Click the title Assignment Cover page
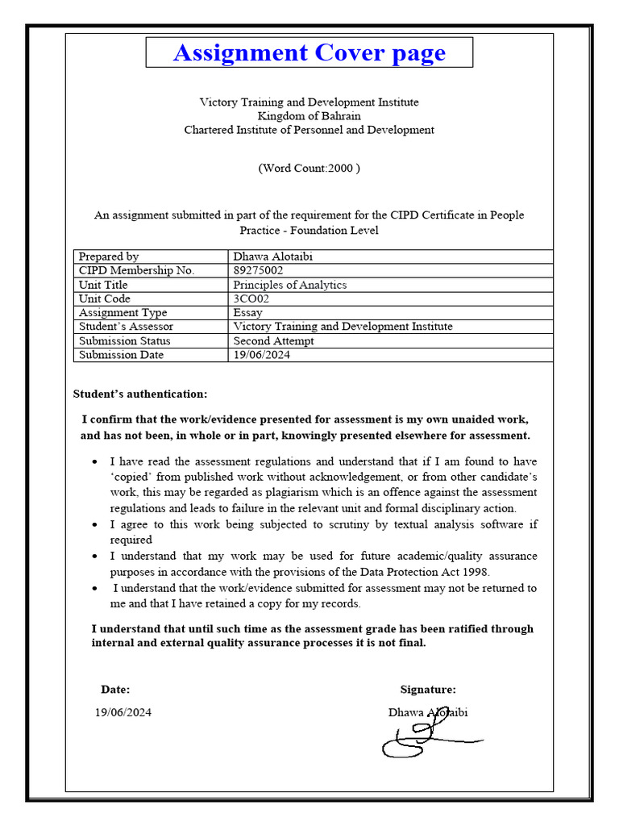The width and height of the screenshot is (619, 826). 309,53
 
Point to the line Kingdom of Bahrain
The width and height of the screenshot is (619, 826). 309,116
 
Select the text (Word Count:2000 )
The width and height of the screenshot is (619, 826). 309,169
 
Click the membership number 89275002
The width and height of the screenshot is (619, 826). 258,271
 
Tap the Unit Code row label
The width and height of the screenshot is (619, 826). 104,298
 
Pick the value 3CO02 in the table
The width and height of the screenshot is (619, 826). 251,298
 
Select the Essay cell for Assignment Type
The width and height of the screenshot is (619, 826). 247,313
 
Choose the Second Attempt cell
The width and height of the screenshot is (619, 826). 273,340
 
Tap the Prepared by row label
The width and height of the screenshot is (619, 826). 108,257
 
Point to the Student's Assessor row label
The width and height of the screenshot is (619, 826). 126,327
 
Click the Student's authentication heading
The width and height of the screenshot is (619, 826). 139,394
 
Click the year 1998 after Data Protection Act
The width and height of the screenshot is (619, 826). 476,571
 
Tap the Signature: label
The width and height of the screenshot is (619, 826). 427,690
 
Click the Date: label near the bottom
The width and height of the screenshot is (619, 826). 115,690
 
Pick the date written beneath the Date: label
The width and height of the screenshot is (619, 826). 123,712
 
